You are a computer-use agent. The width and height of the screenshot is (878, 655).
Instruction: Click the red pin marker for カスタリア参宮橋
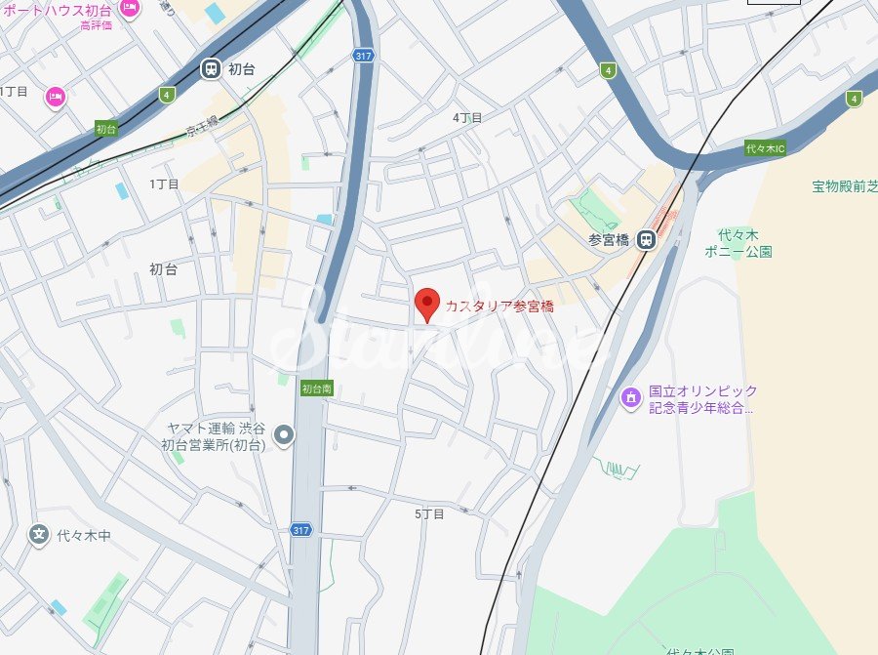point(426,304)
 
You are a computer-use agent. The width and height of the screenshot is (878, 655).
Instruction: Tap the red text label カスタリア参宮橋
point(499,306)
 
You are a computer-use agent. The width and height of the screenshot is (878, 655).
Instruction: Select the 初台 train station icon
point(211,68)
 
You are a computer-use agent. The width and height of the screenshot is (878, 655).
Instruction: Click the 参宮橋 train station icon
point(645,239)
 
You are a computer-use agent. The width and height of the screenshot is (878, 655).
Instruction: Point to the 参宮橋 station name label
point(609,240)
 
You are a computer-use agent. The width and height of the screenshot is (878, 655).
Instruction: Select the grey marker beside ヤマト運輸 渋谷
point(284,434)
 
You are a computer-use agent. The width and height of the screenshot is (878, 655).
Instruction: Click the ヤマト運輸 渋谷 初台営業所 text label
point(213,436)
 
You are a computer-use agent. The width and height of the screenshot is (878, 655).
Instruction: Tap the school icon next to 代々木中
point(39,534)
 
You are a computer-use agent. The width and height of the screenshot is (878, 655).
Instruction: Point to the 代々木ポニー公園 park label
point(738,243)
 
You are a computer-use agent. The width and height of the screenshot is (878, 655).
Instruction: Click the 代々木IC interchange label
point(764,148)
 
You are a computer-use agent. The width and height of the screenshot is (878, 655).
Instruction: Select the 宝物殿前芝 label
point(844,185)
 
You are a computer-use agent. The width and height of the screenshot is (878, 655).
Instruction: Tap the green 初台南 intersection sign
point(317,388)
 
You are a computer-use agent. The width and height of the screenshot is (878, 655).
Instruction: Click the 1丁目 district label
point(164,184)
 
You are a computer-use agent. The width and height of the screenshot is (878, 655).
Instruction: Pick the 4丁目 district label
point(467,117)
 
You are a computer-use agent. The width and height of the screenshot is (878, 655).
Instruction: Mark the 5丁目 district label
point(429,513)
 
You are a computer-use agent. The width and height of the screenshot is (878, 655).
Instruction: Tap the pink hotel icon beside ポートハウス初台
point(130,8)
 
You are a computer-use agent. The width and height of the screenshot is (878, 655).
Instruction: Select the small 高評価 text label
point(96,24)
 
